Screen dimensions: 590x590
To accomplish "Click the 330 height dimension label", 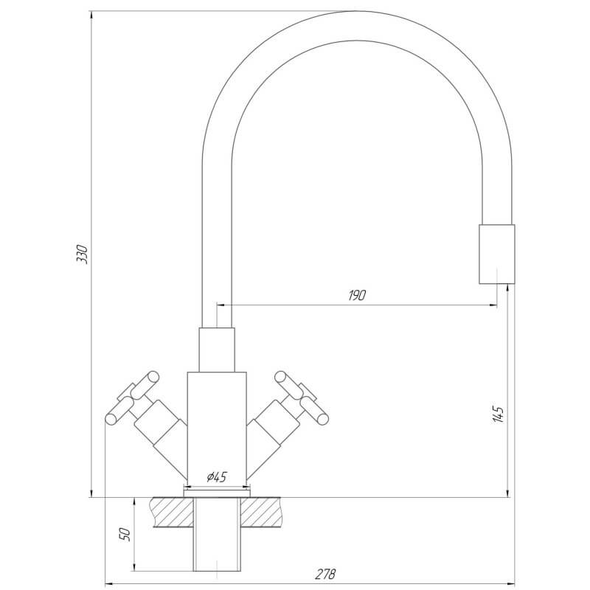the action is click(82, 254).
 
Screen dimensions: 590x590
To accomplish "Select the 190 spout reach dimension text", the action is click(357, 296).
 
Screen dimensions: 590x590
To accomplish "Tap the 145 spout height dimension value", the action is click(499, 414).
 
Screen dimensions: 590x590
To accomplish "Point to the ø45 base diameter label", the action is click(216, 477).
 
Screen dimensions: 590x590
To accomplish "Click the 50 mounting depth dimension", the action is click(125, 534).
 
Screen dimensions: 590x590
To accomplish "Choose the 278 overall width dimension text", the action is click(325, 575).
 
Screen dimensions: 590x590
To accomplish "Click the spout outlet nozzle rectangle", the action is click(496, 254).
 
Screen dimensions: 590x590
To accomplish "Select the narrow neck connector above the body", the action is click(217, 350).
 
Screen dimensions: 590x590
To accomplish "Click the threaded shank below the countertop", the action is click(217, 539).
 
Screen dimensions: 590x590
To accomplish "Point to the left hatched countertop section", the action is click(172, 512).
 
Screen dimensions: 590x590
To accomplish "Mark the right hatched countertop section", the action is click(261, 512).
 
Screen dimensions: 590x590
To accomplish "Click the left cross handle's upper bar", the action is click(145, 385).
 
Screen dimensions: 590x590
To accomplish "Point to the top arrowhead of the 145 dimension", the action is click(508, 288).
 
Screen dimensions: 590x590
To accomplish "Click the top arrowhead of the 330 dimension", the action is click(91, 15).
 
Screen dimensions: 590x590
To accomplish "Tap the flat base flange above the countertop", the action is click(217, 493).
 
